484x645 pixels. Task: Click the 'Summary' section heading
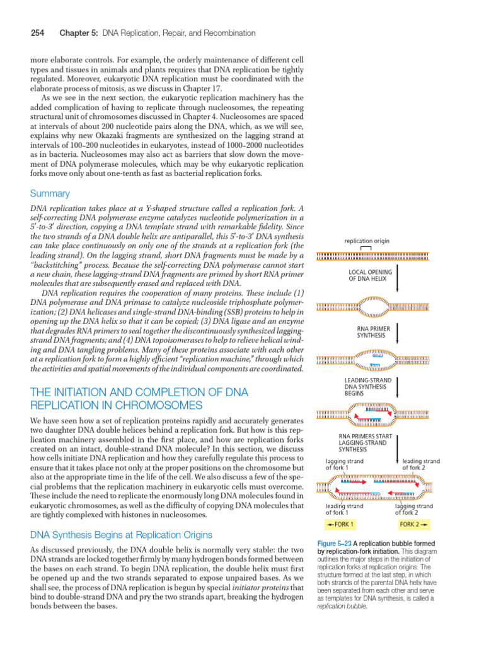pos(50,193)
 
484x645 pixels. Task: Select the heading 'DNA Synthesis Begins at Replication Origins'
pos(122,535)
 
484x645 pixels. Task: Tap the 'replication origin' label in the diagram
pos(366,241)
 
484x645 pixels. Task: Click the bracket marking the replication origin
pos(366,248)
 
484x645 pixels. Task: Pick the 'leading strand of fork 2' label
pos(420,464)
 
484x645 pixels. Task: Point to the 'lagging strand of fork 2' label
pos(413,509)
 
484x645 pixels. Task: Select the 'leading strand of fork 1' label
pos(344,509)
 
